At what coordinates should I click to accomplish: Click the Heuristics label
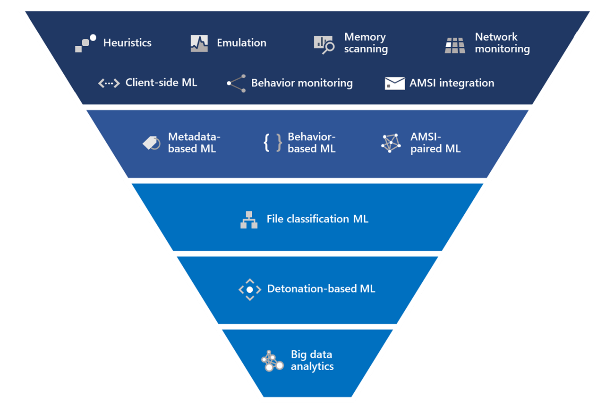tap(127, 42)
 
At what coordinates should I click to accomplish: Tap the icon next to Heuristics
tap(85, 43)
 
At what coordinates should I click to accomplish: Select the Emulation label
tap(241, 42)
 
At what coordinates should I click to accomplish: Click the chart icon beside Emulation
tap(199, 43)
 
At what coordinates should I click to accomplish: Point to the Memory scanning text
tap(366, 42)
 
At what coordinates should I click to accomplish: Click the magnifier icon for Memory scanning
tap(324, 44)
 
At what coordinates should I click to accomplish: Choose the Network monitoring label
tap(502, 42)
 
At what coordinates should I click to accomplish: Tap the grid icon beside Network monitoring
tap(455, 45)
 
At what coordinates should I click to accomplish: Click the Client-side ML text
tap(161, 83)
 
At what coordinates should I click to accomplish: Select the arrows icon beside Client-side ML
tap(109, 83)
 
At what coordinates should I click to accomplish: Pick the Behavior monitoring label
tap(302, 83)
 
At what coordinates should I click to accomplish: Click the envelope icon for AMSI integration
tap(394, 83)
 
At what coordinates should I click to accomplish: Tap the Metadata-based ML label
tap(194, 143)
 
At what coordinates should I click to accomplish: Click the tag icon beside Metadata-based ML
tap(152, 143)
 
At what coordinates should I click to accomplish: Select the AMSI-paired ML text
tap(435, 143)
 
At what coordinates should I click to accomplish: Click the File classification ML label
tap(317, 219)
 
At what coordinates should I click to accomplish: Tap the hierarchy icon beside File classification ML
tap(249, 220)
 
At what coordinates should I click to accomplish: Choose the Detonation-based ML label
tap(321, 288)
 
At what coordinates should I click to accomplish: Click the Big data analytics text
tap(312, 360)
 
